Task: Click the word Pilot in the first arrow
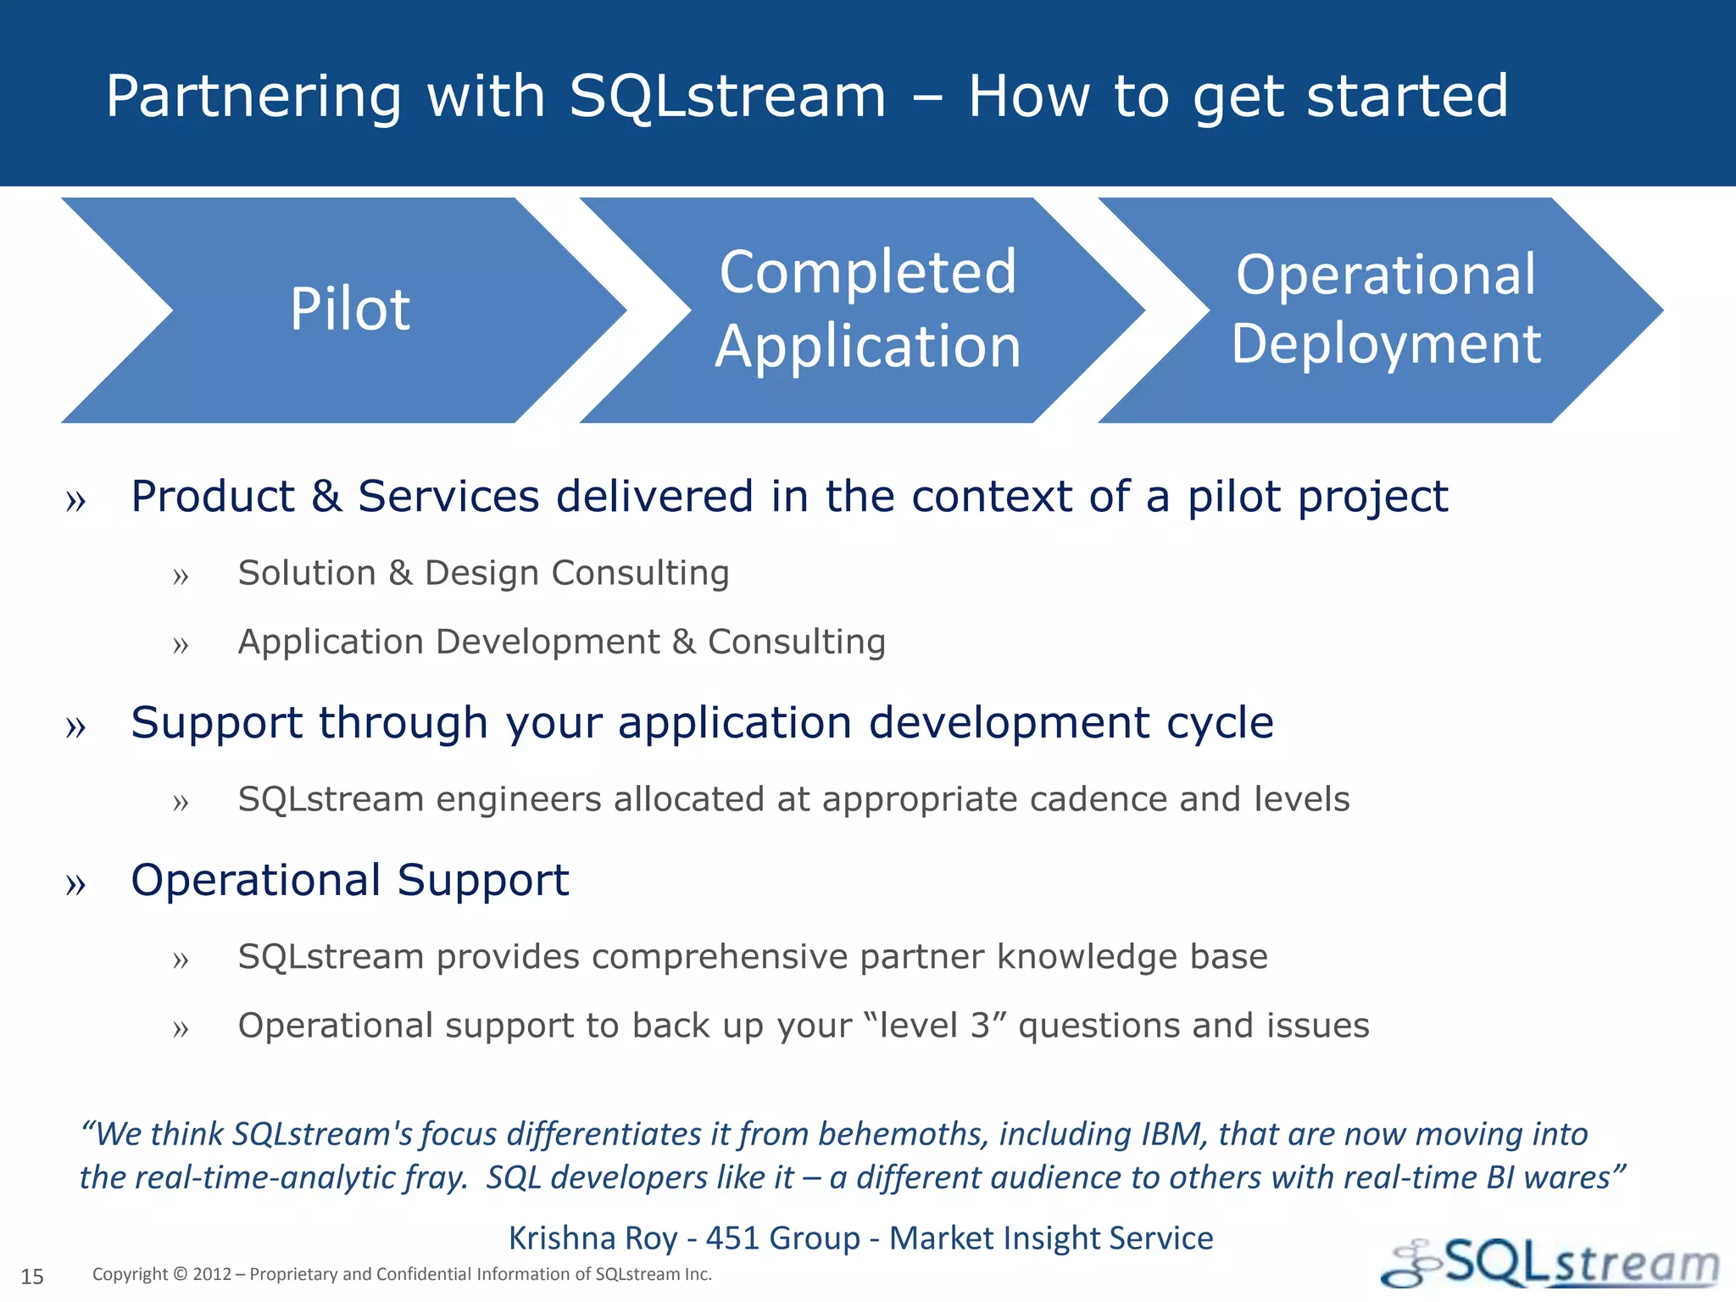(x=350, y=309)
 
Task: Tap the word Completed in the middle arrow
(x=867, y=273)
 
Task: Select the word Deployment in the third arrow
(x=1385, y=344)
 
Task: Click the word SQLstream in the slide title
(x=727, y=96)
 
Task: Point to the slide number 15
(x=32, y=1277)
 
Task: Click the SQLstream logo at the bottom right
(x=1551, y=1264)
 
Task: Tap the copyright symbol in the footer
(x=180, y=1274)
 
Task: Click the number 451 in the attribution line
(x=734, y=1238)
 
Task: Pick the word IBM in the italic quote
(x=1173, y=1134)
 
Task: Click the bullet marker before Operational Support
(x=75, y=884)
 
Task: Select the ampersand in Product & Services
(x=326, y=497)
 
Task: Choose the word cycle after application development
(x=1220, y=724)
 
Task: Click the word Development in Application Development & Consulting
(x=547, y=642)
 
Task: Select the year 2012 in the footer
(x=212, y=1274)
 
